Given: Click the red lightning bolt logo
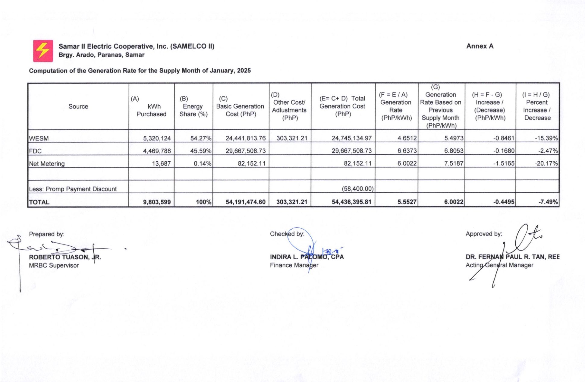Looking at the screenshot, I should tap(43, 51).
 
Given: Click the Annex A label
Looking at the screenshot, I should tap(480, 46).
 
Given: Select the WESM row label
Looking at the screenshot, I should tap(39, 138).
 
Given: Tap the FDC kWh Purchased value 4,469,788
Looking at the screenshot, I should tap(157, 151).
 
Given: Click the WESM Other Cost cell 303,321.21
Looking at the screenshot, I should tap(291, 138).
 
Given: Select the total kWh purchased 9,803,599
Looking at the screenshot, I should tap(157, 202).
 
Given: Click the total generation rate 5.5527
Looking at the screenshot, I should tap(407, 202).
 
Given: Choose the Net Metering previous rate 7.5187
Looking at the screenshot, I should tap(453, 163).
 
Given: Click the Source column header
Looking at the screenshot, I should tap(78, 106).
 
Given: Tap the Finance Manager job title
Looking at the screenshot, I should tap(294, 265).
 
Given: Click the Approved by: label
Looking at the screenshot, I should tap(483, 234).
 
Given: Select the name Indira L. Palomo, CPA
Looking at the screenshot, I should tap(307, 257).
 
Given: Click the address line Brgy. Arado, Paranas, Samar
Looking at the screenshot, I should tap(101, 55).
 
